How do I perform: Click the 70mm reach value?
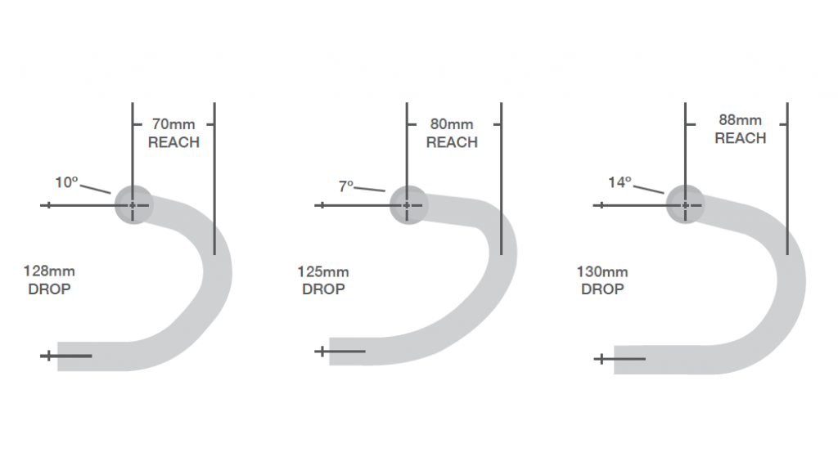pyautogui.click(x=173, y=124)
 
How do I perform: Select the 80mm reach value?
pyautogui.click(x=452, y=124)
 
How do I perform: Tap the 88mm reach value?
pyautogui.click(x=740, y=120)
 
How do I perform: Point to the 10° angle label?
pyautogui.click(x=67, y=182)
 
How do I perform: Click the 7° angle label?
pyautogui.click(x=346, y=186)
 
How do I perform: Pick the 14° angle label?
pyautogui.click(x=620, y=182)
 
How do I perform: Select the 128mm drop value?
pyautogui.click(x=49, y=271)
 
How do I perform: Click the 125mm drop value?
pyautogui.click(x=323, y=271)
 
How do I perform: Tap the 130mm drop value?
pyautogui.click(x=602, y=271)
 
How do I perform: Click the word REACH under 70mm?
pyautogui.click(x=173, y=142)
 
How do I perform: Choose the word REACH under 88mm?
pyautogui.click(x=740, y=138)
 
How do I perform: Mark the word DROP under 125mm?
pyautogui.click(x=323, y=289)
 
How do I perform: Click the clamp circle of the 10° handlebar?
pyautogui.click(x=133, y=205)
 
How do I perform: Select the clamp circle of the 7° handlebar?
pyautogui.click(x=408, y=205)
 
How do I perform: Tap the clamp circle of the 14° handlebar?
pyautogui.click(x=685, y=205)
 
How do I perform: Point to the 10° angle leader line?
pyautogui.click(x=95, y=189)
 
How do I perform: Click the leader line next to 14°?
pyautogui.click(x=648, y=189)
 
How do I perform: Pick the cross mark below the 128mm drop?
pyautogui.click(x=48, y=356)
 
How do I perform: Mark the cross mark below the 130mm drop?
pyautogui.click(x=601, y=359)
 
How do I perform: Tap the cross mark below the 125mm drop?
pyautogui.click(x=322, y=352)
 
